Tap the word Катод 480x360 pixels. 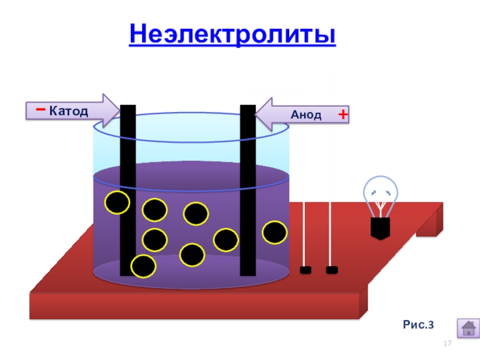coord(68,111)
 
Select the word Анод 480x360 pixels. coord(306,115)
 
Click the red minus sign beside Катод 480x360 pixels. coord(39,110)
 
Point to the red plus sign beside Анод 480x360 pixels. coord(343,114)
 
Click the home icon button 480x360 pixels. coord(468,328)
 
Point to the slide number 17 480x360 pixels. coord(446,343)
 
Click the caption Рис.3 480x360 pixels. coord(418,325)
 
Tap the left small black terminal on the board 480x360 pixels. coord(305,270)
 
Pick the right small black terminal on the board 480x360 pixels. coord(331,270)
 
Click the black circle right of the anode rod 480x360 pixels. coord(275,233)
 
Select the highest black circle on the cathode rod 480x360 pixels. coord(117,203)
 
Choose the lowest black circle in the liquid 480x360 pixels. coord(143,266)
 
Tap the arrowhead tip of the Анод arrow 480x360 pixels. coord(256,113)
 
